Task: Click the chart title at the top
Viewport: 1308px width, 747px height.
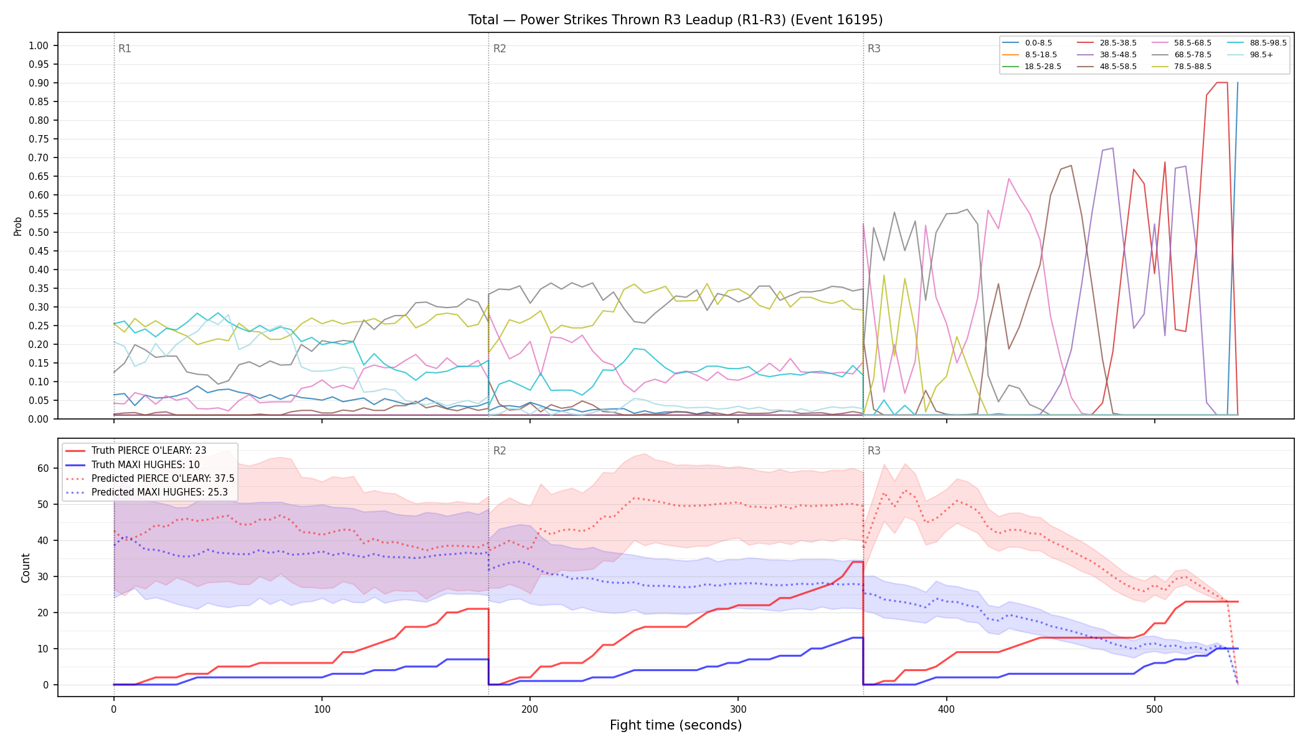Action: coord(675,20)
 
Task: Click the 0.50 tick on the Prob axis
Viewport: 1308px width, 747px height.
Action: coord(39,232)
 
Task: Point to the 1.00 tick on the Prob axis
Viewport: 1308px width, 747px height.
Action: coord(39,45)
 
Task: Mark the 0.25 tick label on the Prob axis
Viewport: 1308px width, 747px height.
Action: coord(39,326)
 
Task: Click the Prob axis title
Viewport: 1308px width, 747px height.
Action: coord(17,226)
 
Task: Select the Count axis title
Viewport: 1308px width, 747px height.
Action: coord(26,568)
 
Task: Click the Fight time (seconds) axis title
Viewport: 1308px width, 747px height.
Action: coord(676,725)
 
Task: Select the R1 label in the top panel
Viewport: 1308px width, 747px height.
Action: coord(125,49)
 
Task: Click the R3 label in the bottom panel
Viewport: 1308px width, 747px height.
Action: coord(874,451)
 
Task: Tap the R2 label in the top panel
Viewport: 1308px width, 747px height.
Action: coord(500,49)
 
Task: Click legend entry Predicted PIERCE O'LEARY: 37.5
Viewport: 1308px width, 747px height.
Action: coord(149,478)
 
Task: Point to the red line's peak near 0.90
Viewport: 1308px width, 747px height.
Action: coord(1222,83)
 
